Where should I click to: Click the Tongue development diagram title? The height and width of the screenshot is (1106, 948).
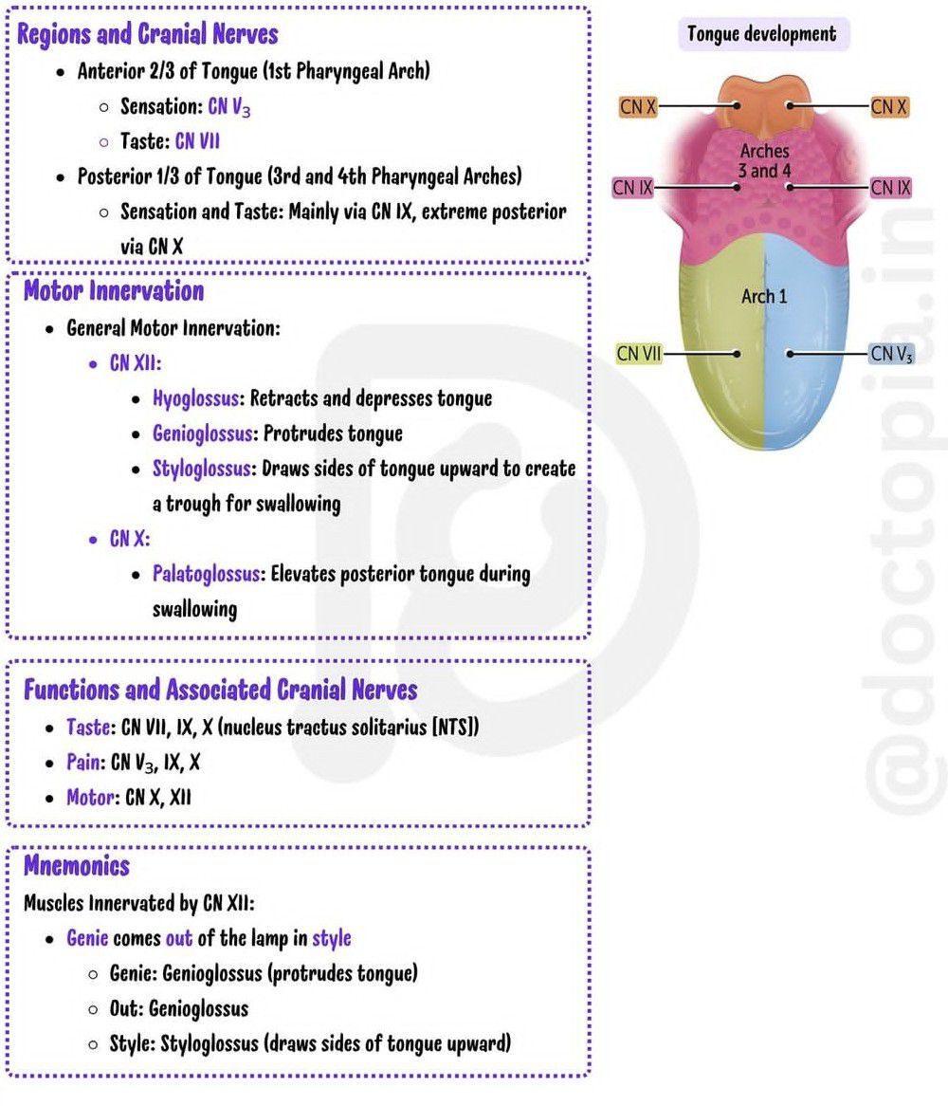(x=762, y=35)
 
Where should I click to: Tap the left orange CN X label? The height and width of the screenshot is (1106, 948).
(x=638, y=106)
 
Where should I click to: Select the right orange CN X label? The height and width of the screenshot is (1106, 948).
(x=889, y=106)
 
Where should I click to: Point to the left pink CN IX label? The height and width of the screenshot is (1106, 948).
(x=633, y=188)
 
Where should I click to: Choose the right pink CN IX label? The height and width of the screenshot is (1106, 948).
(x=891, y=188)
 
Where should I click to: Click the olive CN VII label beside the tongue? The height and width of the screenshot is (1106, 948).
(x=638, y=354)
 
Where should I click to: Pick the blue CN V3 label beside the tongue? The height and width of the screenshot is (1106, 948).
(x=892, y=354)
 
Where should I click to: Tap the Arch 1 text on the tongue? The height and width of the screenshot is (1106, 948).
(x=764, y=297)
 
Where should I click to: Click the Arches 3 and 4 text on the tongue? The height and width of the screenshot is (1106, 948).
(x=764, y=161)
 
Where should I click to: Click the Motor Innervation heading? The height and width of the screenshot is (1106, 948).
(x=113, y=290)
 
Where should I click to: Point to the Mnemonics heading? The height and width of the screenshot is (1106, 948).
(x=77, y=865)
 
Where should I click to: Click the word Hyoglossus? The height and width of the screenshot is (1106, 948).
(x=194, y=398)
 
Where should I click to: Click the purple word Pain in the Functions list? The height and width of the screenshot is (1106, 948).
(x=83, y=763)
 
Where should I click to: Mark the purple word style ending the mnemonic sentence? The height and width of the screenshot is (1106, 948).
(x=332, y=938)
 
